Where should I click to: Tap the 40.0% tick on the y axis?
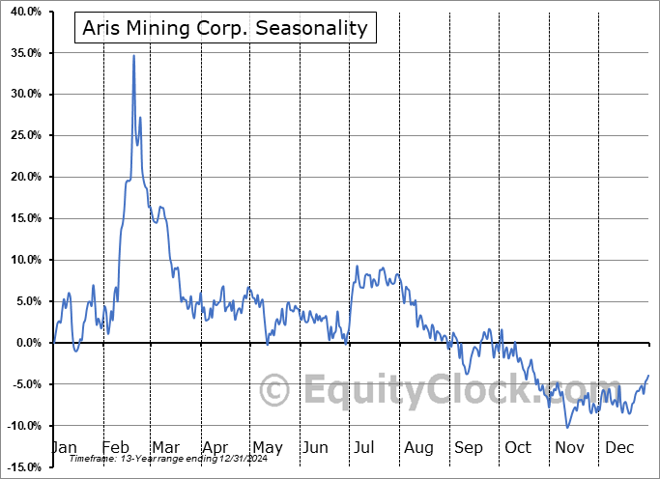[x=24, y=12]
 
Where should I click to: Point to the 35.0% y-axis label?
[x=24, y=53]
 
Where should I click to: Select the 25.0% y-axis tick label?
[x=24, y=136]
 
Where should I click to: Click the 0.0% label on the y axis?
[x=27, y=343]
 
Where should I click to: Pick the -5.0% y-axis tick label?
[x=25, y=384]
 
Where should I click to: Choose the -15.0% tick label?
[x=22, y=467]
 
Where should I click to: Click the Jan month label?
[x=63, y=448]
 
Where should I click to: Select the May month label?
[x=267, y=448]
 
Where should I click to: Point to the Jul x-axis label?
[x=365, y=448]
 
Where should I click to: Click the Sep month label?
[x=469, y=448]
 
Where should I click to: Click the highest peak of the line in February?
[x=133, y=56]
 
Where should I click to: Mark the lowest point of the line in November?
[x=567, y=427]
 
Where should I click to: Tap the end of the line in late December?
[x=647, y=375]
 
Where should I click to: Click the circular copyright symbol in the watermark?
[x=274, y=391]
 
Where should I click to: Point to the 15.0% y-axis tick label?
[x=24, y=218]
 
